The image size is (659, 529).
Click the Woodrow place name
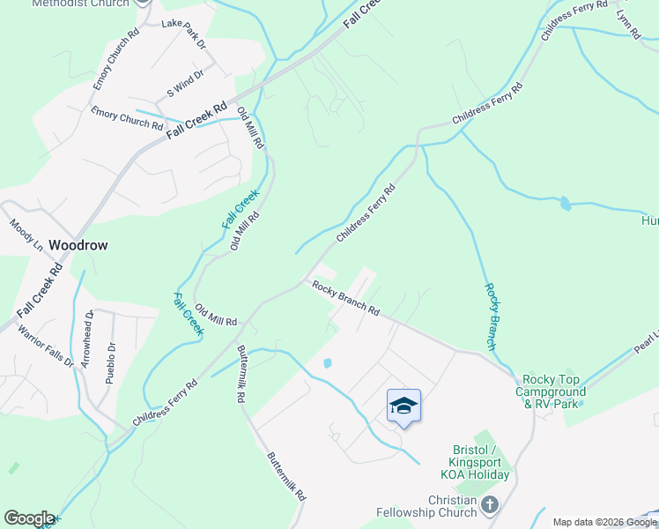78,245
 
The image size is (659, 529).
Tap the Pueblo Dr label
110,362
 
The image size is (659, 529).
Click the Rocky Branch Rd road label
344,299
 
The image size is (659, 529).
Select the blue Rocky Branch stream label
492,315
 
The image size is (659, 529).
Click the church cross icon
490,505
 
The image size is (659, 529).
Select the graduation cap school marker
404,406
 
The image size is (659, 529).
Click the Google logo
28,518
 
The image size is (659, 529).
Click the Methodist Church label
79,4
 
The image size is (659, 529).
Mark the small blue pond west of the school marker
328,362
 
